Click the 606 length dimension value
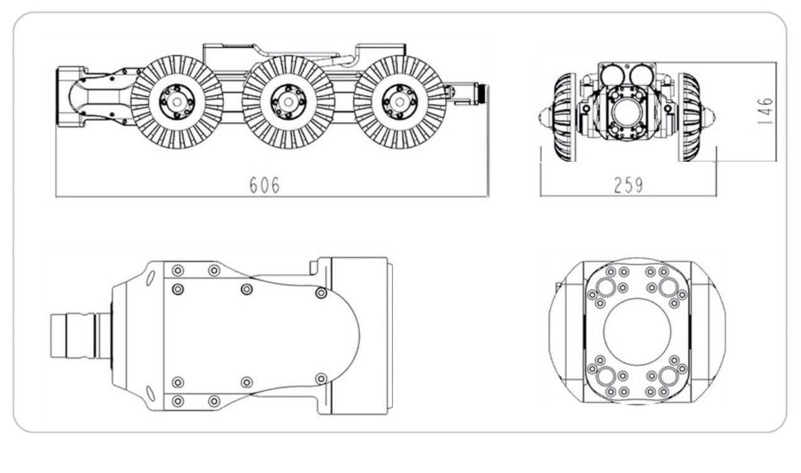pos(264,185)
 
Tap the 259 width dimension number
pos(628,186)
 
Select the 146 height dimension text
pos(765,111)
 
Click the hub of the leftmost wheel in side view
pos(177,102)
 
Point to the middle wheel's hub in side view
pos(288,102)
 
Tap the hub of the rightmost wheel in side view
pos(400,102)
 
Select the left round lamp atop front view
pos(612,75)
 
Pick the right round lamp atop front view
pos(641,75)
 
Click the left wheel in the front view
pos(565,117)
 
